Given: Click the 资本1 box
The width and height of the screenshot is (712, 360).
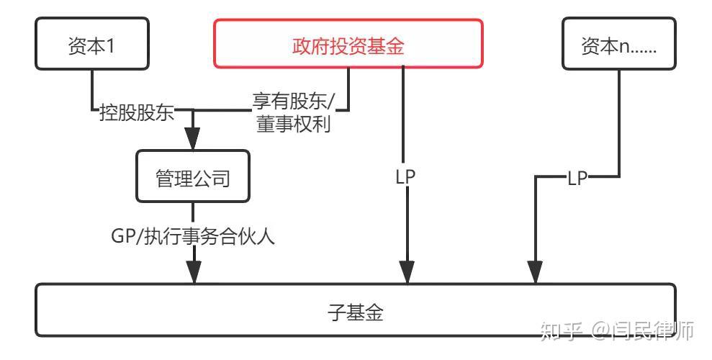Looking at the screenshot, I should [x=91, y=46].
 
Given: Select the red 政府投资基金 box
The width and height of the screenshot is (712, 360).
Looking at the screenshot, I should [x=348, y=45].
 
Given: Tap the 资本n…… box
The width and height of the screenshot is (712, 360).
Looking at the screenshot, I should [x=620, y=46].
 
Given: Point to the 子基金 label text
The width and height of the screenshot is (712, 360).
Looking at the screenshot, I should [x=356, y=312].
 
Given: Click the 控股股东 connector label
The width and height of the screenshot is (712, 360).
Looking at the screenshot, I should [x=136, y=112].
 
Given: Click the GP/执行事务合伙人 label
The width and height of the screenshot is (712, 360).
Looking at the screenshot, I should [x=192, y=235].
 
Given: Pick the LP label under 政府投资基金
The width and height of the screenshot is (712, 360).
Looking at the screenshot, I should [x=406, y=176].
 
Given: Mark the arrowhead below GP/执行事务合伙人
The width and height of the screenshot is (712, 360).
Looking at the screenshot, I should [x=193, y=272].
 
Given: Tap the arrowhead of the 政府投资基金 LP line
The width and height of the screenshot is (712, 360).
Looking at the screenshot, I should [x=407, y=272].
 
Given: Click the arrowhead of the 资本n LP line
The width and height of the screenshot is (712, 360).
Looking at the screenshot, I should [x=534, y=272].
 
